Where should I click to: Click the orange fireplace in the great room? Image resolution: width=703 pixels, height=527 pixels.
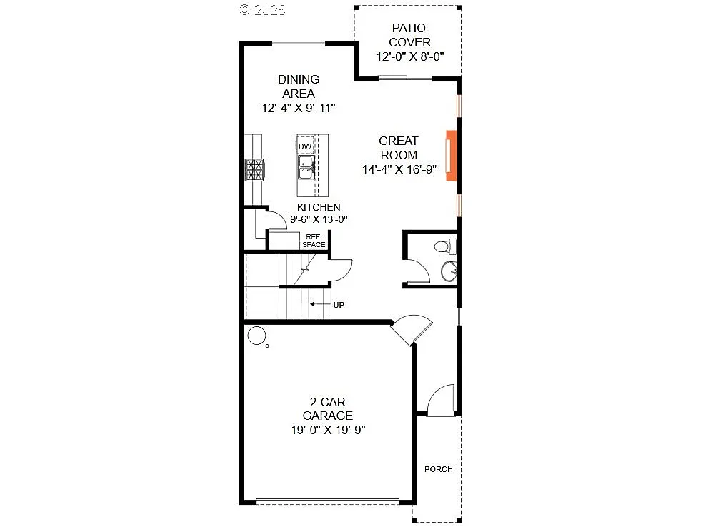451,156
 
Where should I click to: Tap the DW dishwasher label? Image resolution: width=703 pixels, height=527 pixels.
305,147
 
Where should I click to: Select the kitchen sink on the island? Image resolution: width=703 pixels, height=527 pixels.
306,169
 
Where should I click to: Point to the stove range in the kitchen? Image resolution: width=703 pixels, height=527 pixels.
254,170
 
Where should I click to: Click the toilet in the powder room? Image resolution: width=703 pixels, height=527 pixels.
443,247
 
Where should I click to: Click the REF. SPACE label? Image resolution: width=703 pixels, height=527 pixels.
314,241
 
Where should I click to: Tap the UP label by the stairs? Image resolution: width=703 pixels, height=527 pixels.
339,305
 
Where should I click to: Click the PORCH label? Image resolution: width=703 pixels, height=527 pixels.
438,469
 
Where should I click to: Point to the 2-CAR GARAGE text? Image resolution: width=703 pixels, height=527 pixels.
327,408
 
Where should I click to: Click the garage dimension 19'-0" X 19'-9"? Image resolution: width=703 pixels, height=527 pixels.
327,429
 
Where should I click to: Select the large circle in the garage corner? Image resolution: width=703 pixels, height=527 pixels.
255,334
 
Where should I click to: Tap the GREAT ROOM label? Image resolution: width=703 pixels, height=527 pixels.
398,148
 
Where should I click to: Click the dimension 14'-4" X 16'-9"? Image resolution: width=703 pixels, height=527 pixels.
398,169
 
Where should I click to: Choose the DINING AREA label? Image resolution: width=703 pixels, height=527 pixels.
299,86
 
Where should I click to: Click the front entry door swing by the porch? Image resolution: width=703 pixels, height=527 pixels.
441,399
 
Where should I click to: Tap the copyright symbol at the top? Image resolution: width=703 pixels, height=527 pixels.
245,9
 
